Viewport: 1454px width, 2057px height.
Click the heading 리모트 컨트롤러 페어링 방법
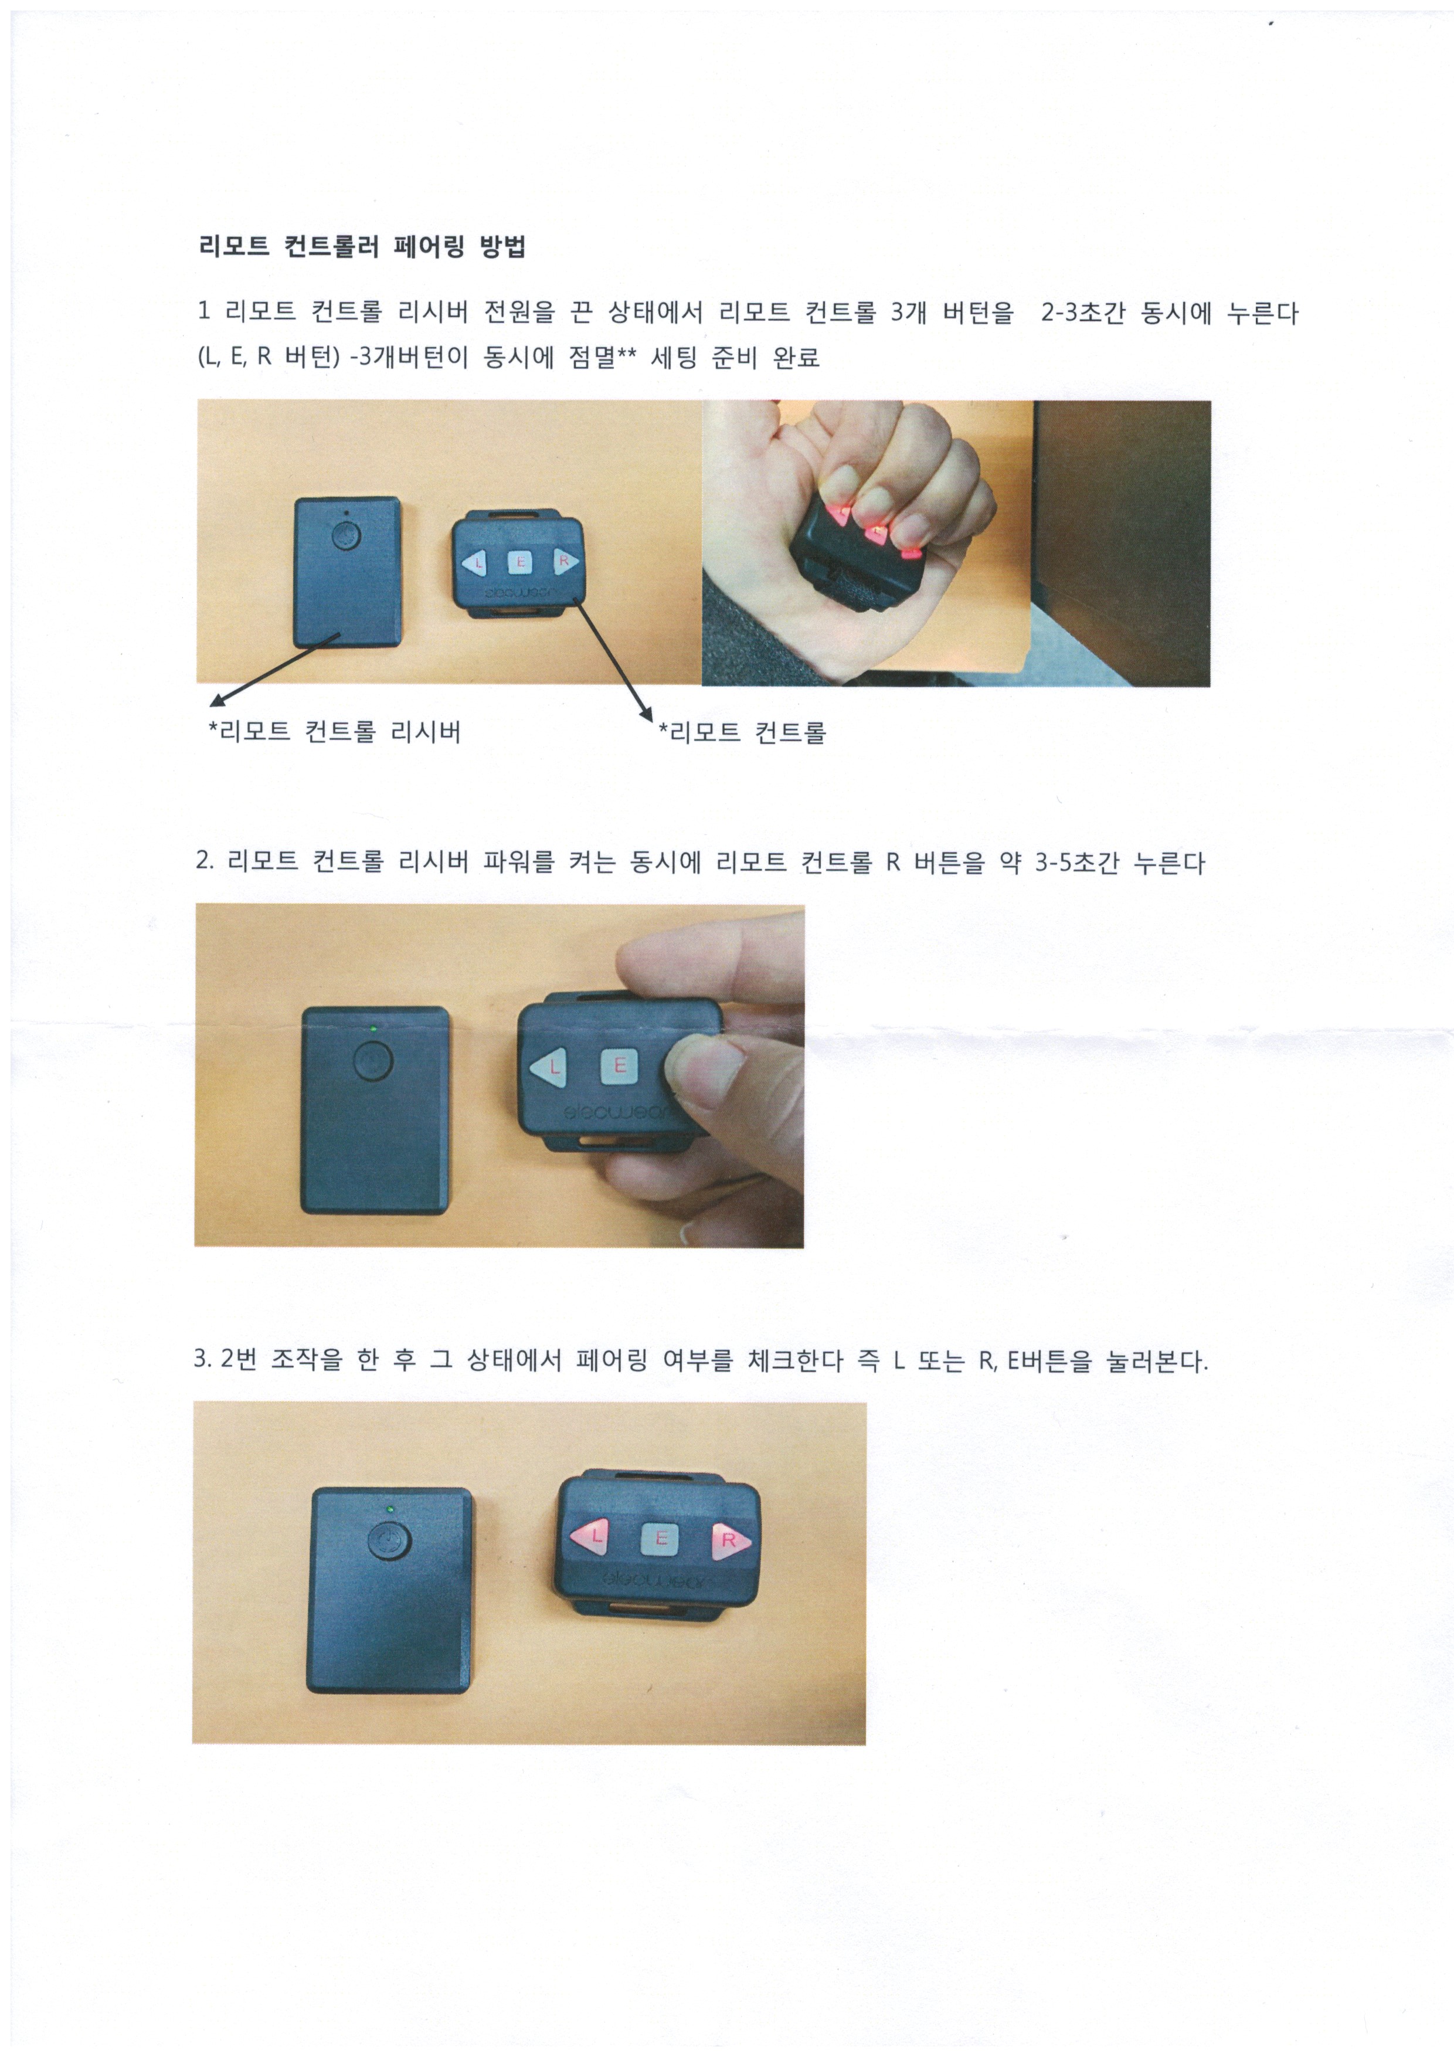pyautogui.click(x=362, y=246)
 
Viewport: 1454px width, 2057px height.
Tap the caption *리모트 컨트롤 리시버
pyautogui.click(x=335, y=732)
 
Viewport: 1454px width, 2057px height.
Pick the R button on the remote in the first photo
pyautogui.click(x=565, y=562)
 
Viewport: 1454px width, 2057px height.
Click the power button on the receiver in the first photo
pyautogui.click(x=346, y=536)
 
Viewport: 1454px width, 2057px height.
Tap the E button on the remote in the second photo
pyautogui.click(x=619, y=1066)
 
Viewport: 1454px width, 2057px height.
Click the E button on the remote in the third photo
pyautogui.click(x=661, y=1538)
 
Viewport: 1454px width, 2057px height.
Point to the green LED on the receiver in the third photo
pyautogui.click(x=390, y=1509)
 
